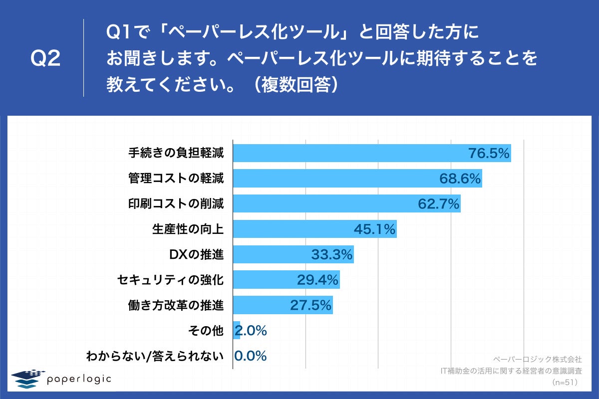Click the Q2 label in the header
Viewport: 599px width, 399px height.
[x=45, y=59]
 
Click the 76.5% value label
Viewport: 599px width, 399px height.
[x=489, y=153]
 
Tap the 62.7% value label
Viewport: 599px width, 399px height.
[x=438, y=204]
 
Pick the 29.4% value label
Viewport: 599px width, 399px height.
[x=318, y=280]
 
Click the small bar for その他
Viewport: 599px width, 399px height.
[x=237, y=331]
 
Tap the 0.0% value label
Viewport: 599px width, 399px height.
[x=251, y=356]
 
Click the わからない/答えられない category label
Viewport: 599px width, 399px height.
[x=155, y=356]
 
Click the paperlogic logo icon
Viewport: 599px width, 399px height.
[x=27, y=379]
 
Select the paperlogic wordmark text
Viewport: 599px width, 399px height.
[x=79, y=380]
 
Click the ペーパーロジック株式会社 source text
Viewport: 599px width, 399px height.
[x=537, y=359]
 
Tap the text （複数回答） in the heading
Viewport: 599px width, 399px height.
[x=297, y=84]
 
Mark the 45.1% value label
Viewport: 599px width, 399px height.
[x=374, y=229]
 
